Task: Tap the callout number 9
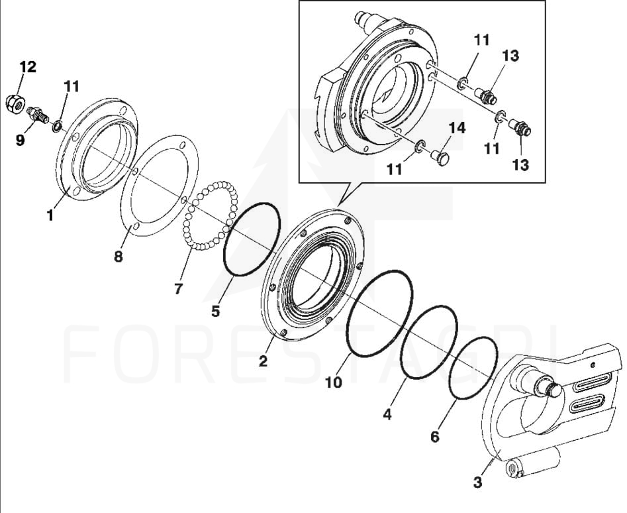point(20,140)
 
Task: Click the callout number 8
point(119,256)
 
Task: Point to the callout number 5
point(216,311)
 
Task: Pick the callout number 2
point(263,361)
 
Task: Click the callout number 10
point(334,382)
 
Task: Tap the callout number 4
point(387,414)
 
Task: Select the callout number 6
point(434,437)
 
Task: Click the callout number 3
point(477,483)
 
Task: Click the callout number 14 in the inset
point(457,128)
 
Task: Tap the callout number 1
point(50,215)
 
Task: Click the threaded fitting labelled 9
point(38,115)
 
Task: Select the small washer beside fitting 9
point(57,127)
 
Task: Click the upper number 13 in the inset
point(510,56)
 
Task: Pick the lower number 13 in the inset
point(520,164)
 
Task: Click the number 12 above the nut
point(28,67)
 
